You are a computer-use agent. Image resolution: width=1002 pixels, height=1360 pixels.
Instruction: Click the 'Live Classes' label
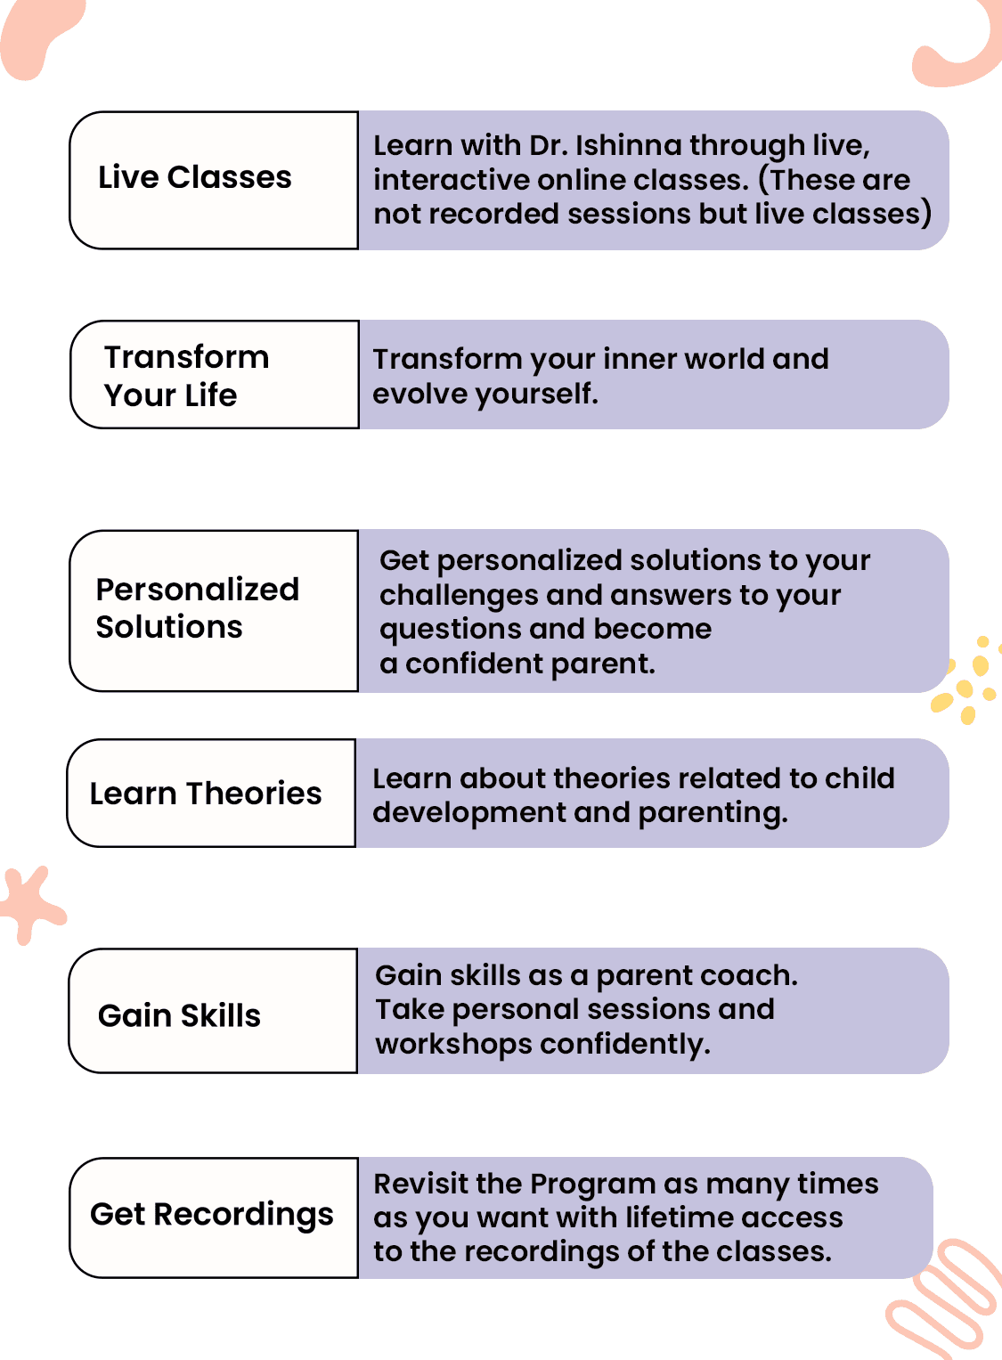195,177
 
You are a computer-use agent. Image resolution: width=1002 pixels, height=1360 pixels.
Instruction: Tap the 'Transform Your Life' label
186,376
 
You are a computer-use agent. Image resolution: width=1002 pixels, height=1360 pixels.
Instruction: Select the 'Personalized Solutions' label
198,607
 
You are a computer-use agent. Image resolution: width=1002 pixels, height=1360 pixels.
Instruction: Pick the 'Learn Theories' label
205,793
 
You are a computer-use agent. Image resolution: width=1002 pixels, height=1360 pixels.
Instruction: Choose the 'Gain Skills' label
179,1015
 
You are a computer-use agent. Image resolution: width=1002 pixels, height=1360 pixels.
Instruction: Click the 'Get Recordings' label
211,1215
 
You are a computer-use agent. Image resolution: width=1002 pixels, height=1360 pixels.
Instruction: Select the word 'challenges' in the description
459,596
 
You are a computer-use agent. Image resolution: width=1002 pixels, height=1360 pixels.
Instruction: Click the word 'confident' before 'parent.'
474,664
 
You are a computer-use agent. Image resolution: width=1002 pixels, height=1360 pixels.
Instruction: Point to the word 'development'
468,813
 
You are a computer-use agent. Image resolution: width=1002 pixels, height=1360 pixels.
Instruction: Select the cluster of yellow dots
966,680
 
